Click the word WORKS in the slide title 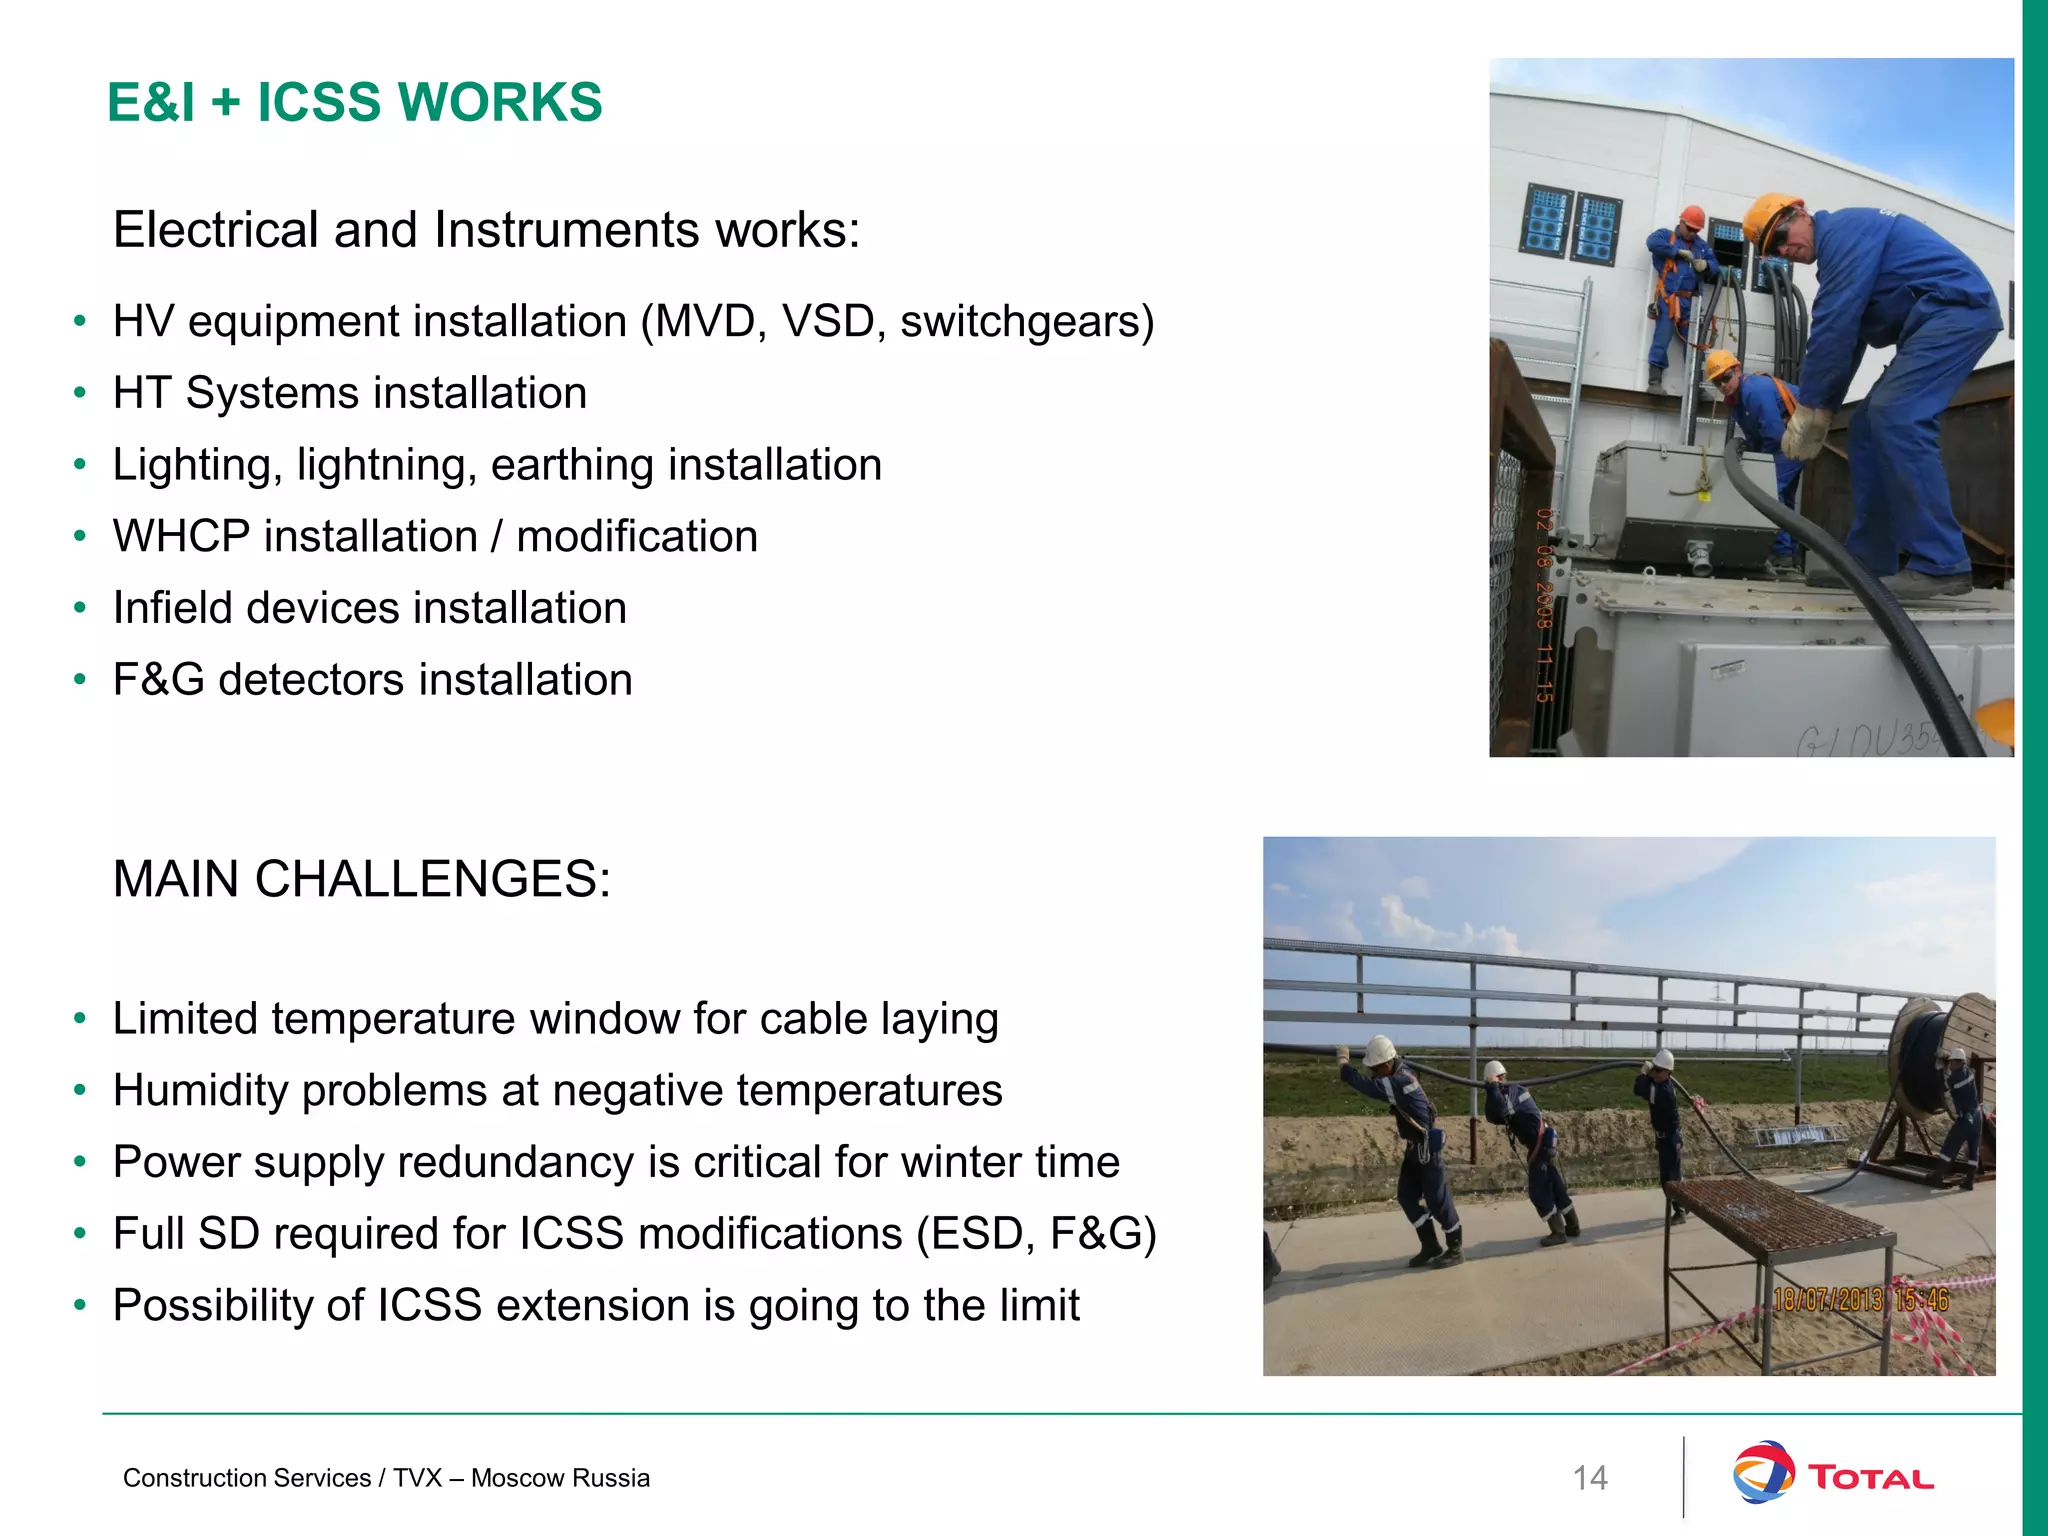[x=500, y=102]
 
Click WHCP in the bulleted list [x=181, y=537]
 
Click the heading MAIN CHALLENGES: [x=361, y=880]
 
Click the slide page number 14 [x=1590, y=1478]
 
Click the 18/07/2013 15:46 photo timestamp [x=1860, y=1300]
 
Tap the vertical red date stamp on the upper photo [x=1545, y=605]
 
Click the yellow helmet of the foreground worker [x=1771, y=215]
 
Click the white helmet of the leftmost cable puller [x=1381, y=1050]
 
